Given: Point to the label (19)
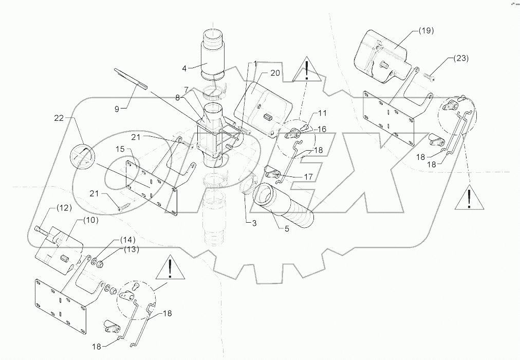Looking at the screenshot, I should pos(425,31).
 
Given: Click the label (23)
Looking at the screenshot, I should pos(460,59).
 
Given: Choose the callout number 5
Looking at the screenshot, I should pos(287,228).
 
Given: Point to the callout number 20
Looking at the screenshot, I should pos(275,73).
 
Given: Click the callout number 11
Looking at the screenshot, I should pos(322,113).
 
